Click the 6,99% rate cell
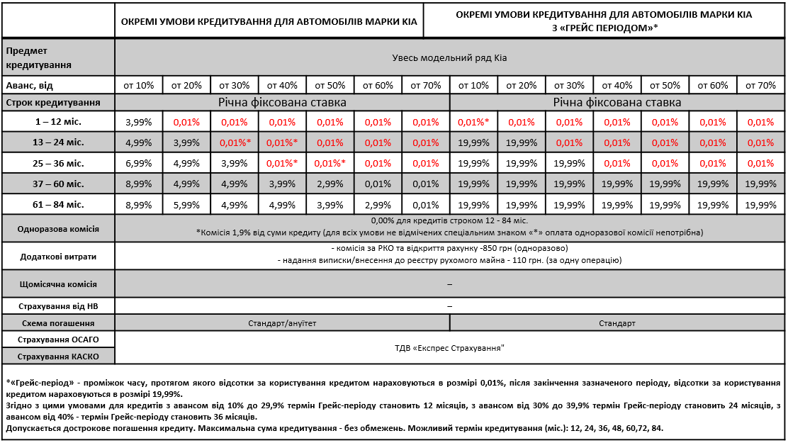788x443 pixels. pos(138,164)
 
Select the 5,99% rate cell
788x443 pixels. pos(186,205)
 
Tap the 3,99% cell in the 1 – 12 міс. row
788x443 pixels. pos(138,122)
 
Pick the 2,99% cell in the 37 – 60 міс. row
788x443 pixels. pos(330,184)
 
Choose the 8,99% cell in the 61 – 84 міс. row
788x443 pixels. pos(138,205)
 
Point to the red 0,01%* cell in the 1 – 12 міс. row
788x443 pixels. pos(473,122)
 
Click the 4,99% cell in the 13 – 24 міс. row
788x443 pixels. pos(138,142)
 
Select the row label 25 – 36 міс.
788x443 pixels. pos(58,164)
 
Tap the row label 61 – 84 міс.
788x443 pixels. pos(58,205)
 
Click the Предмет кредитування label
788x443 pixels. pos(39,58)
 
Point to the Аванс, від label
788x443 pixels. pos(29,86)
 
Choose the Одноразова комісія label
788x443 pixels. pos(58,229)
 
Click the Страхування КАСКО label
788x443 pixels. pos(58,357)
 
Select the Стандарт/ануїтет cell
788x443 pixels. pos(282,323)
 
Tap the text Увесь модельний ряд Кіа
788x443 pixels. pos(449,58)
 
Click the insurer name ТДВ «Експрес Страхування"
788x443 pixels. pos(449,348)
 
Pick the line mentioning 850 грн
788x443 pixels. pos(449,248)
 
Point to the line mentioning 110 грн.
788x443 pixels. pos(449,260)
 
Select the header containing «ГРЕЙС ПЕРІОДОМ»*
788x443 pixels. pos(604,21)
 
